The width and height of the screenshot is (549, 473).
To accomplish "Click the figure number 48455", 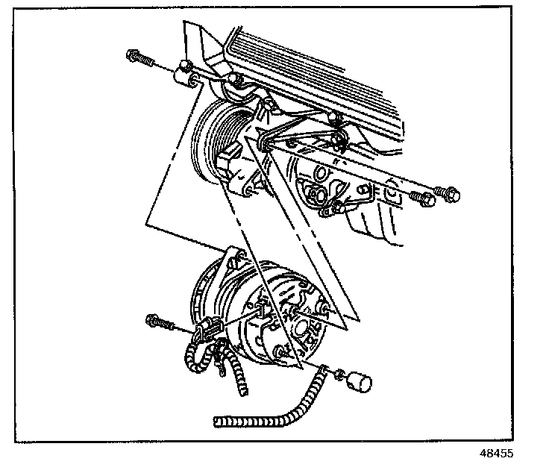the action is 497,453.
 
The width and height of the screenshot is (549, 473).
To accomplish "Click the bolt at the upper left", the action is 141,57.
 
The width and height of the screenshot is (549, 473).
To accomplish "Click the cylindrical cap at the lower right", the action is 358,383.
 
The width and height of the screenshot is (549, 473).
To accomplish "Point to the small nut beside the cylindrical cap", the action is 337,375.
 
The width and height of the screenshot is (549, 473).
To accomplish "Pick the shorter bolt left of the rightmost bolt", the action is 421,199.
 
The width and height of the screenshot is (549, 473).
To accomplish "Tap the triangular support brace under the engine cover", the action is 302,138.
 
